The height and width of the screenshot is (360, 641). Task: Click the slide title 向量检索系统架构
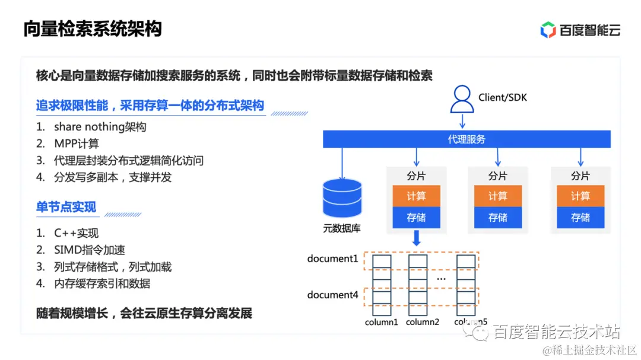[x=93, y=29]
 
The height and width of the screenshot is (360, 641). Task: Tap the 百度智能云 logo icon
[x=548, y=30]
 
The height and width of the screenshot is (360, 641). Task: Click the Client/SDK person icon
[x=462, y=99]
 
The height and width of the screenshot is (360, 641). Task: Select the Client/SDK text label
[x=502, y=96]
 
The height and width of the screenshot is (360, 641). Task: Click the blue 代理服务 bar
[x=467, y=139]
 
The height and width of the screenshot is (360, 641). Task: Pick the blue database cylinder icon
[x=342, y=199]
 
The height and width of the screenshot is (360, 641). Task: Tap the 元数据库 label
[x=341, y=228]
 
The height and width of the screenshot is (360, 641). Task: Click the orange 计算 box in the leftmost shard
[x=416, y=196]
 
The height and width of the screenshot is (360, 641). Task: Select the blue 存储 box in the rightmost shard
[x=580, y=218]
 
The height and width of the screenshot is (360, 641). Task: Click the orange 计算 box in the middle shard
[x=498, y=196]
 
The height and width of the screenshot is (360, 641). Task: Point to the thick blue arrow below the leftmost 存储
[x=416, y=238]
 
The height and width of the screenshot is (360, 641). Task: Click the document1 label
[x=332, y=259]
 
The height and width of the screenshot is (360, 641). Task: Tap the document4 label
[x=332, y=295]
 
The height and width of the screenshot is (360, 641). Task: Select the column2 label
[x=422, y=322]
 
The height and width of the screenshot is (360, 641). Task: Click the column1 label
[x=381, y=322]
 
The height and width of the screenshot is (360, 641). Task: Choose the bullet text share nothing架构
[x=100, y=127]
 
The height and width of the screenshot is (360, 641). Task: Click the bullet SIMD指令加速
[x=89, y=250]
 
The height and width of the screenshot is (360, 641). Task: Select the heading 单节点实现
[x=66, y=207]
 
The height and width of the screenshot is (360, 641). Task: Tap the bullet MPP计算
[x=76, y=144]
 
